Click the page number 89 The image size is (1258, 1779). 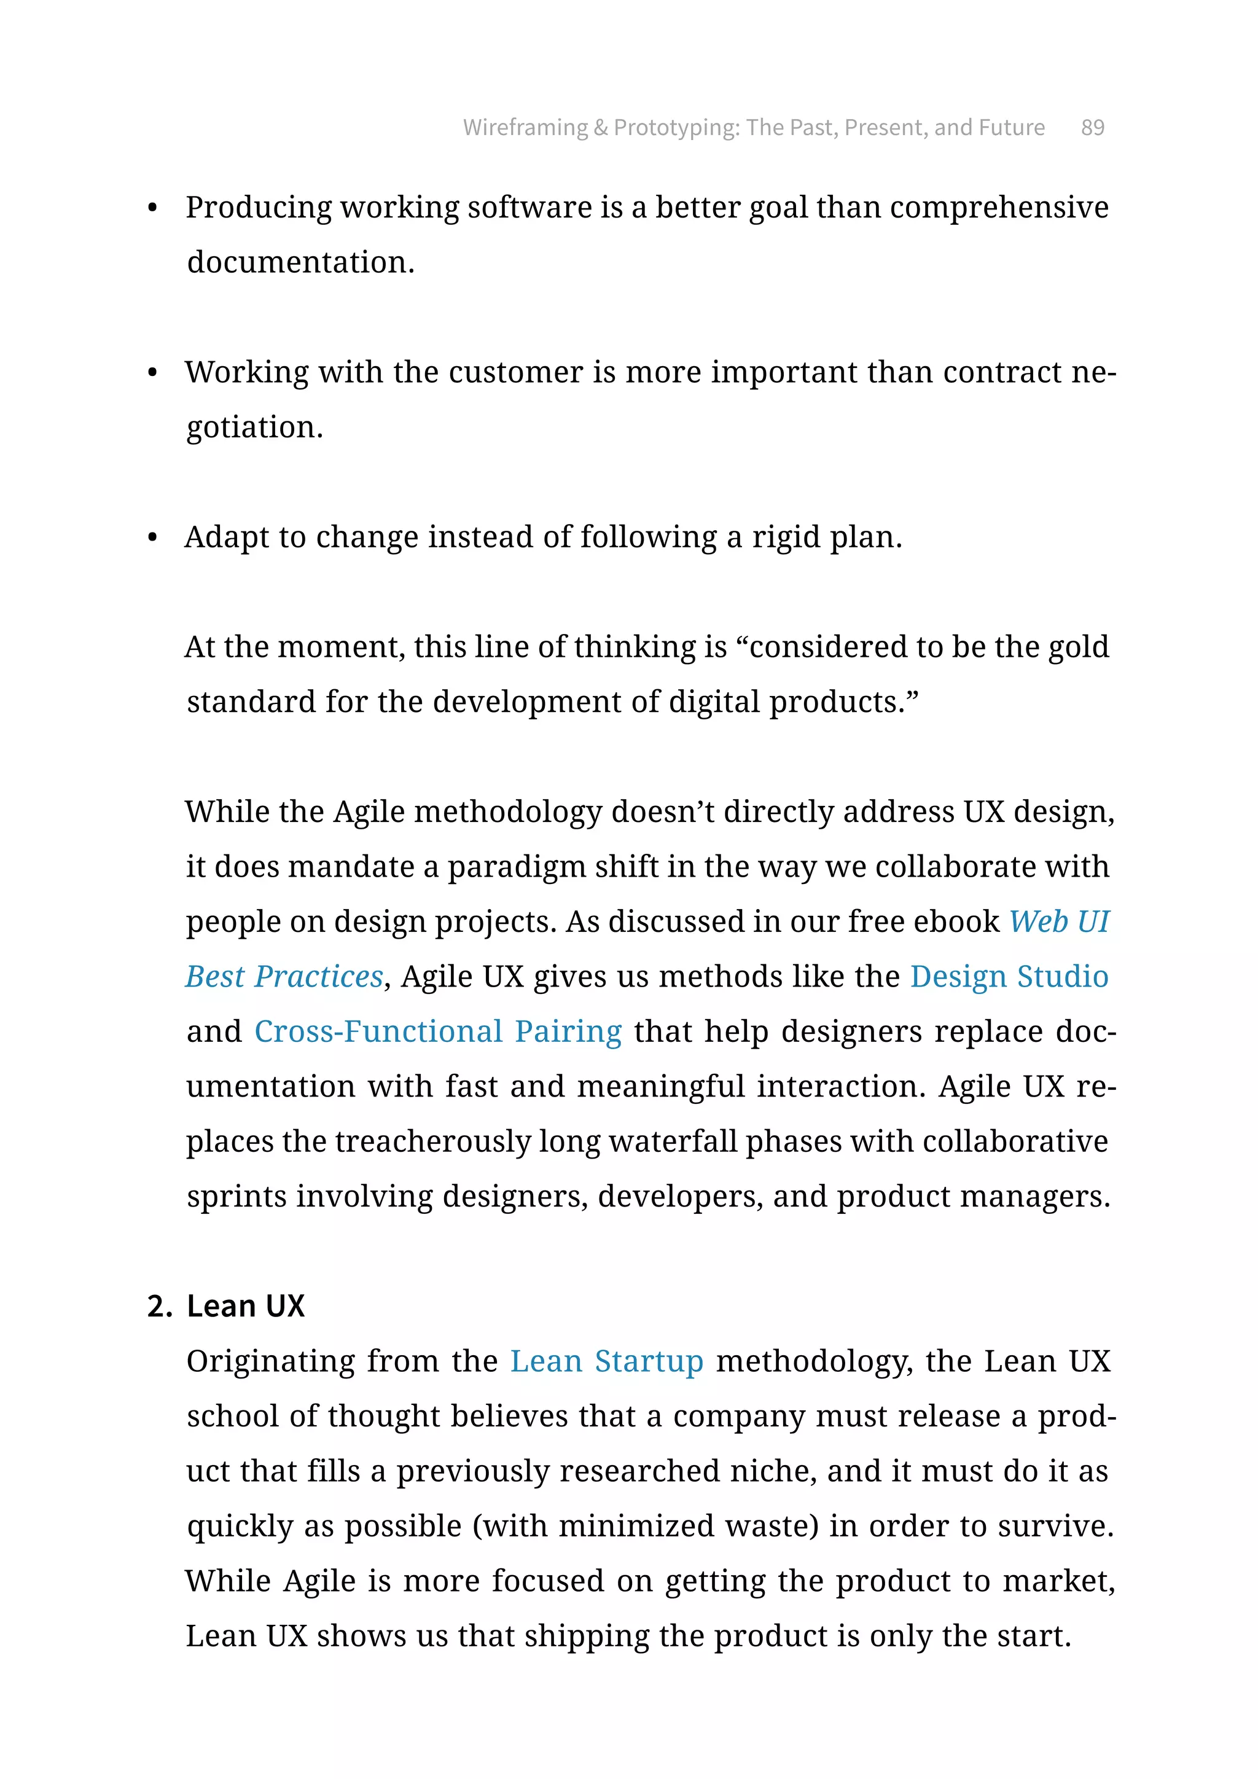(1092, 127)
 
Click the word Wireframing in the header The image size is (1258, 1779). (525, 127)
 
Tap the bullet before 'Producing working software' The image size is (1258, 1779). (152, 208)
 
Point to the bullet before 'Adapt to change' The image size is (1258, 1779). (152, 538)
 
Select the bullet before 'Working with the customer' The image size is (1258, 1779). (152, 373)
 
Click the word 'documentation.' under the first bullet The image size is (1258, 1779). (300, 263)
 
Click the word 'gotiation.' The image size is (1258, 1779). (255, 428)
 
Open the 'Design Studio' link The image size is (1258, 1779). (1009, 977)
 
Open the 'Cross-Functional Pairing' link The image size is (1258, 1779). (438, 1032)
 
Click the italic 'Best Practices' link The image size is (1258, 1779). (284, 977)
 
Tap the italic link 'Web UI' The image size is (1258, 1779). (1059, 922)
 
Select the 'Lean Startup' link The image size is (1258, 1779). (606, 1361)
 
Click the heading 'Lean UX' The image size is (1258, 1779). (246, 1307)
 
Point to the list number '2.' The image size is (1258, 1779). (160, 1307)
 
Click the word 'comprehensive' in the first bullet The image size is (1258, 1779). (999, 208)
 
